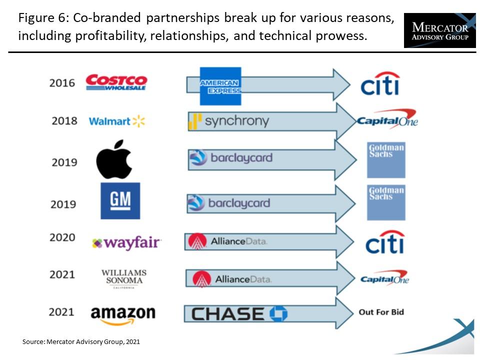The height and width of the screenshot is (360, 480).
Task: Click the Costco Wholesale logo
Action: point(116,82)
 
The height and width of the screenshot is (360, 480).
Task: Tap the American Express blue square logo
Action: point(220,86)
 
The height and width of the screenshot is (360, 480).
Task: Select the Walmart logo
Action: point(116,121)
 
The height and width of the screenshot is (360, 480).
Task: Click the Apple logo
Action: point(114,159)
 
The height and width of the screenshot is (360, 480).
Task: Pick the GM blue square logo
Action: point(120,201)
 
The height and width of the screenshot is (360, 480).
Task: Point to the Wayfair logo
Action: point(126,243)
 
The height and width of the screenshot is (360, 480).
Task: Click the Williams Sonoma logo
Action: point(124,278)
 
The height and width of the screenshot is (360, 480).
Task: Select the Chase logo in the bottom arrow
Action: point(239,314)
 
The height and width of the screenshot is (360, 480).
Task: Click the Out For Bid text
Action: point(381,312)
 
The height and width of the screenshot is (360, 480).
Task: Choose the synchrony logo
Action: point(228,121)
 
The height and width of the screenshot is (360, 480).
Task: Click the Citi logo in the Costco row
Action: point(380,83)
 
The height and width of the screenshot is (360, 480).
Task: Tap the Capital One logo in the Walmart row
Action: point(387,119)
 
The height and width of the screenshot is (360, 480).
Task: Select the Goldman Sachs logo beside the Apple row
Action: point(386,160)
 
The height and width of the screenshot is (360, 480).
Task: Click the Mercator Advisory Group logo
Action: point(440,30)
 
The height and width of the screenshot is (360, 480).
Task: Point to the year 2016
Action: point(62,83)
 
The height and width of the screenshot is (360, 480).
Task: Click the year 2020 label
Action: point(62,237)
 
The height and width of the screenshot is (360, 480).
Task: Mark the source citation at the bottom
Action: point(81,342)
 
